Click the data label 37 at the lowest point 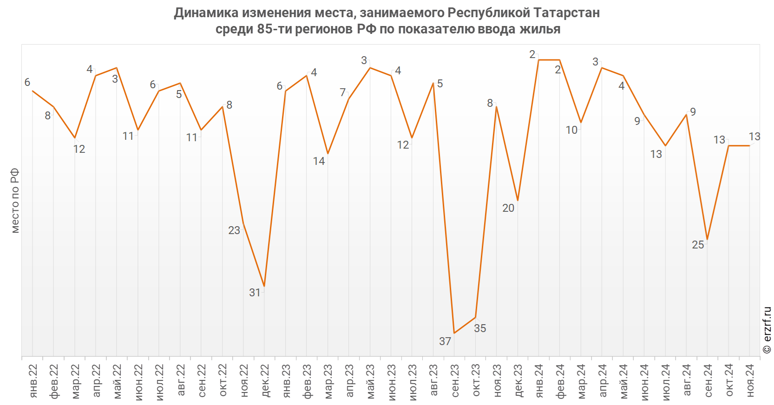pos(445,341)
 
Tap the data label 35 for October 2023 pos(480,328)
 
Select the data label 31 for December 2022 pos(255,293)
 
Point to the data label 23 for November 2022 pos(234,230)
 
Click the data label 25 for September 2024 pos(698,245)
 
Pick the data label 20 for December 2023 pos(508,208)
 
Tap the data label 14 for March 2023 pos(319,161)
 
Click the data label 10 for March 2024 pos(571,130)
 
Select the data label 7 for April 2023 pos(343,92)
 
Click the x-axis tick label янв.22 pos(33,381)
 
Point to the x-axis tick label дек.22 pos(265,381)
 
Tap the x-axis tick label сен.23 pos(455,381)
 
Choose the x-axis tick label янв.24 pos(540,381)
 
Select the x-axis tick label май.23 pos(371,381)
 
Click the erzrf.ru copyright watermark pos(767,330)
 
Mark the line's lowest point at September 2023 pos(454,333)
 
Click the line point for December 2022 pos(264,286)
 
